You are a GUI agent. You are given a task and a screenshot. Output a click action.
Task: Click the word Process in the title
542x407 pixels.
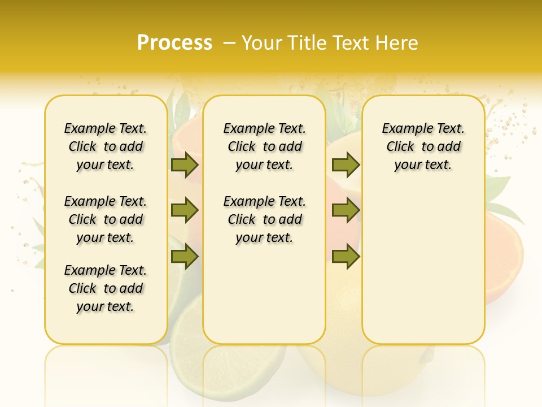point(174,43)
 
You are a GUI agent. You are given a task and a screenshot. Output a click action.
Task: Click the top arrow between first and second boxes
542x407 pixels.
point(185,164)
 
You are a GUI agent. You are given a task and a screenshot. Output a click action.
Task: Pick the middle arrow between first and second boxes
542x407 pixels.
point(185,211)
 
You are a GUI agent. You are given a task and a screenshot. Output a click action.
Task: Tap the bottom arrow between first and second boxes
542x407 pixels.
point(185,257)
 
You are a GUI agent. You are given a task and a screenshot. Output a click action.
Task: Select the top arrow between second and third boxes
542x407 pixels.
point(346,164)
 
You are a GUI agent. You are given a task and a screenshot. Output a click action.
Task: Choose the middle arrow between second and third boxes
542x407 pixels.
point(346,211)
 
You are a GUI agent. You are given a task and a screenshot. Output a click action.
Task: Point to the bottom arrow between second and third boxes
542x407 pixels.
point(346,257)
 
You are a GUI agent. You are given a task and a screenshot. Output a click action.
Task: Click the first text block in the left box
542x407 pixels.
point(106,146)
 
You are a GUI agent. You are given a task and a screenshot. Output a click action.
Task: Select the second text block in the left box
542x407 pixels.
point(106,219)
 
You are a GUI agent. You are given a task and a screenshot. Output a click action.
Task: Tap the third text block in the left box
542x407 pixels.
point(106,288)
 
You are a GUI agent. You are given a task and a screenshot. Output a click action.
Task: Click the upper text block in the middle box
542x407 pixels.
point(264,146)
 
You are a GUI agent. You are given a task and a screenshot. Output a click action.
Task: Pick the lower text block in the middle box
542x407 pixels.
point(264,219)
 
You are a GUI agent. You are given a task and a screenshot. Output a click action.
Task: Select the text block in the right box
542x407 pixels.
point(423,146)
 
